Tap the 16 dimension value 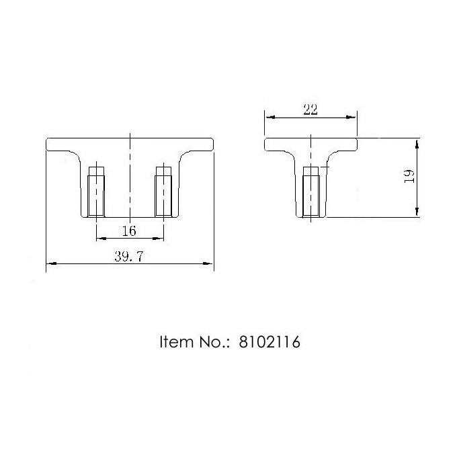[x=130, y=231]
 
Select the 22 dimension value [x=310, y=110]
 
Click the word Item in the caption [x=175, y=342]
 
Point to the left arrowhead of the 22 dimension [x=268, y=117]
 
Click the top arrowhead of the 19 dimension [x=418, y=142]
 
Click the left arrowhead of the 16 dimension [x=99, y=238]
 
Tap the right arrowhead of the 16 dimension [x=161, y=238]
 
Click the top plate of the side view [x=310, y=144]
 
